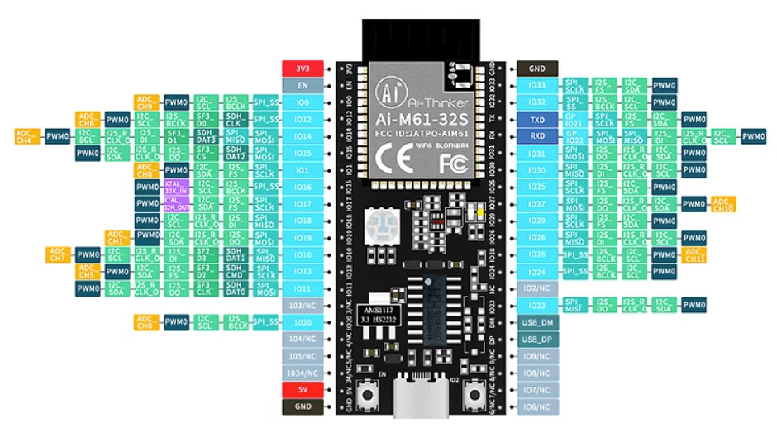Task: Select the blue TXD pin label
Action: tap(537, 119)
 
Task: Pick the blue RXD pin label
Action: tap(537, 136)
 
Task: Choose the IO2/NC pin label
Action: tap(537, 288)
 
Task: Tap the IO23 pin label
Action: tap(537, 306)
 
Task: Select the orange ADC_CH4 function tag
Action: tap(26, 135)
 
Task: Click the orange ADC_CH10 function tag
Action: tap(722, 204)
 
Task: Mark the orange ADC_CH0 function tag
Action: tap(146, 321)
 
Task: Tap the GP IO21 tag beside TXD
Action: tap(573, 119)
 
